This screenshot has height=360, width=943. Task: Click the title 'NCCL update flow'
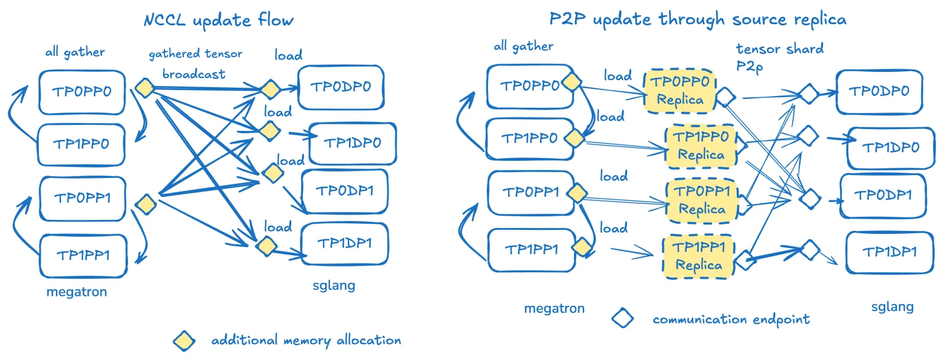pyautogui.click(x=219, y=21)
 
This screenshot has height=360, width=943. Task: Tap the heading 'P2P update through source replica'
pyautogui.click(x=698, y=19)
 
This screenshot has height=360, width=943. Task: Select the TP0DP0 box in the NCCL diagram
pyautogui.click(x=341, y=87)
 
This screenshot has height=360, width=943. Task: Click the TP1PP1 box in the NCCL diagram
pyautogui.click(x=83, y=256)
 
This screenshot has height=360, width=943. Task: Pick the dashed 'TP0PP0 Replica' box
pyautogui.click(x=680, y=91)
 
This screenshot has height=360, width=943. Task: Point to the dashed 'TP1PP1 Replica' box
pyautogui.click(x=698, y=257)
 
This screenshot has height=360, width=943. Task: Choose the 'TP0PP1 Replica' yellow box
pyautogui.click(x=702, y=200)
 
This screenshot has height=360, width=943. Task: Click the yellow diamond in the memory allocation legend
pyautogui.click(x=184, y=341)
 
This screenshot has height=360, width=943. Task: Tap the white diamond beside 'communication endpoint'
pyautogui.click(x=622, y=318)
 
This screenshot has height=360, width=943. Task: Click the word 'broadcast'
pyautogui.click(x=194, y=74)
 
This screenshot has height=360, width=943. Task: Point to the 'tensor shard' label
pyautogui.click(x=780, y=49)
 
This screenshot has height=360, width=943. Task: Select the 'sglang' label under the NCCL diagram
pyautogui.click(x=334, y=286)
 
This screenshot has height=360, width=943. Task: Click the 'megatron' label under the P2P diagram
pyautogui.click(x=554, y=309)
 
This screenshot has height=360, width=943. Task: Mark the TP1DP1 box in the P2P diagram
pyautogui.click(x=889, y=252)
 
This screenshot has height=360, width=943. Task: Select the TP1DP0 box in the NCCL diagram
pyautogui.click(x=353, y=143)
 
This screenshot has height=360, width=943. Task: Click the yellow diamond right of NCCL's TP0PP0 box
pyautogui.click(x=145, y=88)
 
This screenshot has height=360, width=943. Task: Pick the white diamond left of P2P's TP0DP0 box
pyautogui.click(x=808, y=94)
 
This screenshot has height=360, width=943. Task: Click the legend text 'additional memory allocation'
pyautogui.click(x=306, y=340)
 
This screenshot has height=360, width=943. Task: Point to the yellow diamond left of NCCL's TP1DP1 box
pyautogui.click(x=266, y=246)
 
